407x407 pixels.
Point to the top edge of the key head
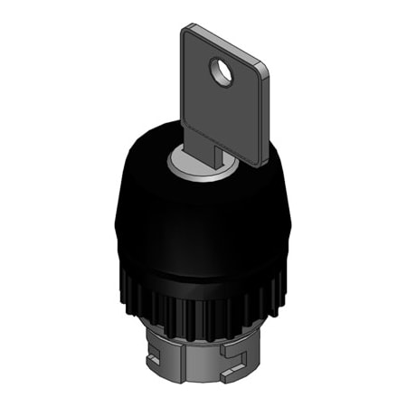(226, 45)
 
